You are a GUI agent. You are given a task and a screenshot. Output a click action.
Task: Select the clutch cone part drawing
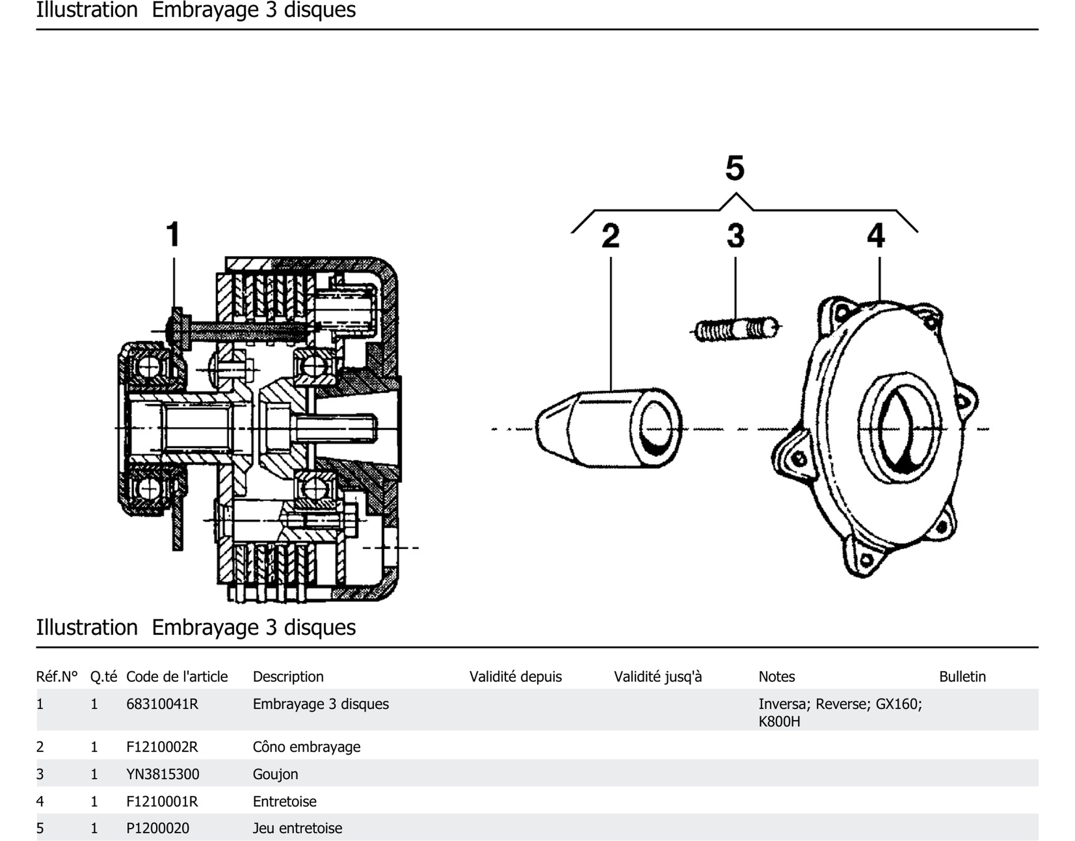[x=608, y=428]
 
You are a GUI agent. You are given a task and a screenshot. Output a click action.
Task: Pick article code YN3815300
[x=163, y=774]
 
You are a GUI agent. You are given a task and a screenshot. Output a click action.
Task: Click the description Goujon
[x=275, y=774]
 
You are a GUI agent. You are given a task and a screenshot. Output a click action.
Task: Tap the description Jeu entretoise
[x=297, y=828]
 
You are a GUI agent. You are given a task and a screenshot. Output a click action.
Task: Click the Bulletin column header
[x=962, y=676]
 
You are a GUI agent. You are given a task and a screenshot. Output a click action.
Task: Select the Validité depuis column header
[x=515, y=676]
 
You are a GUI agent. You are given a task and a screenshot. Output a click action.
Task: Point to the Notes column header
[x=776, y=676]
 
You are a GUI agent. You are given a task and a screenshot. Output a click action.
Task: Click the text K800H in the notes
[x=779, y=722]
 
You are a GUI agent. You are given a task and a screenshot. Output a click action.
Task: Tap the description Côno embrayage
[x=306, y=747]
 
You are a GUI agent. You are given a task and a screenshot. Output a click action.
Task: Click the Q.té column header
[x=103, y=676]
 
